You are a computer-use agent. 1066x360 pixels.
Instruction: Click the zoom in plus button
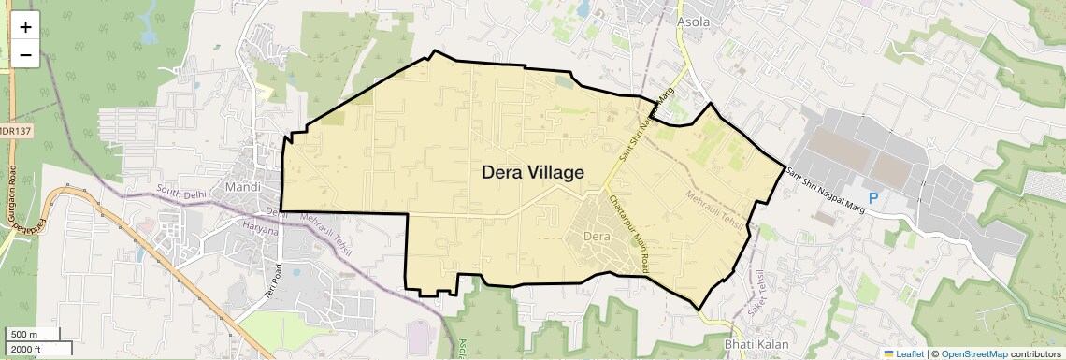tap(25, 27)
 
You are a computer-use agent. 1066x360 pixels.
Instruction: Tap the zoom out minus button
tap(25, 55)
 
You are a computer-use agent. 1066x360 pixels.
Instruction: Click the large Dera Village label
tap(533, 173)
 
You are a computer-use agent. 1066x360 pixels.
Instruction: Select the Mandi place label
tap(243, 187)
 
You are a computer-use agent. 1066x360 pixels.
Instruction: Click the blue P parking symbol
tap(873, 198)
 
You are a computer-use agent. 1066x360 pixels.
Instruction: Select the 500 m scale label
tap(24, 335)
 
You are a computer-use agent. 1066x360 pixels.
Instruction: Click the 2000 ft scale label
tap(26, 349)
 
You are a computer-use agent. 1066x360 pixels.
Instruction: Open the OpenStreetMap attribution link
tap(973, 353)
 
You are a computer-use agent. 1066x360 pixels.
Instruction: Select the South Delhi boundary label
tap(181, 194)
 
